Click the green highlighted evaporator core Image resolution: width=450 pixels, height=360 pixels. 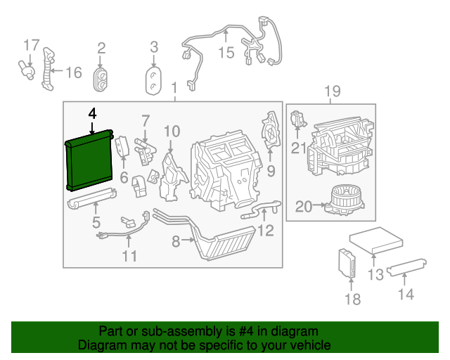point(89,160)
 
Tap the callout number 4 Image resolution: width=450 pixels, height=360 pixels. point(92,113)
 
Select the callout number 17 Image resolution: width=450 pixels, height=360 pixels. point(31,46)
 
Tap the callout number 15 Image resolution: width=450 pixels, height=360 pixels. point(225,53)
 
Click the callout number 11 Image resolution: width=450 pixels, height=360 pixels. point(129,256)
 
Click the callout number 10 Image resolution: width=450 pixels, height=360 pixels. point(172,131)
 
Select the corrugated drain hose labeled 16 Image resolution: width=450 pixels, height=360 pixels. point(49,69)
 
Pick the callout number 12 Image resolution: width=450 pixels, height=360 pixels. point(265,231)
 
